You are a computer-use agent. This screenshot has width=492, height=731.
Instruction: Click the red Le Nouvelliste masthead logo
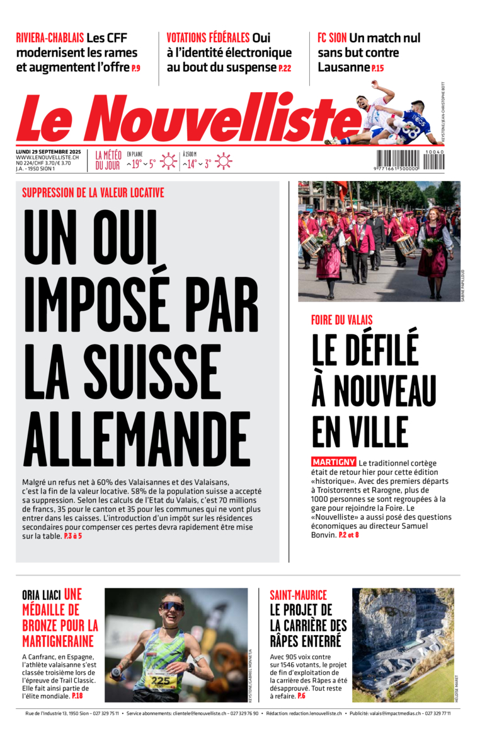pos(183,120)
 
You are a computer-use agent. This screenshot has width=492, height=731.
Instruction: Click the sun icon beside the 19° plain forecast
pos(168,161)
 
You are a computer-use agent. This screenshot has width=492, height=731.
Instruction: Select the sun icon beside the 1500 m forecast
pos(223,161)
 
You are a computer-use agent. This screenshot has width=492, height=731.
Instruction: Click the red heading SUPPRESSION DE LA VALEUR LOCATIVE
pos(93,193)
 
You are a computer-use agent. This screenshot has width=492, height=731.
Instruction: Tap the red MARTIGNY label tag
pos(333,462)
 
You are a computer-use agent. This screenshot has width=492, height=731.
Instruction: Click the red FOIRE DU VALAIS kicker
pos(341,320)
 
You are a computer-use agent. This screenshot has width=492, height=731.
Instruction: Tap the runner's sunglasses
pos(171,607)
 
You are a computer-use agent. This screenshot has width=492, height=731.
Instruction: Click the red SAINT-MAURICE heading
pos(298,595)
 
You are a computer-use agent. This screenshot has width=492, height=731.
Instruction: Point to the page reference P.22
pos(285,68)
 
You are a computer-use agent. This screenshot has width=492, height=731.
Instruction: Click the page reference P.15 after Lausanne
pos(377,68)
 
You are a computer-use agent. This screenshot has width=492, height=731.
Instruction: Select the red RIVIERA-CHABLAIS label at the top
pos(50,38)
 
